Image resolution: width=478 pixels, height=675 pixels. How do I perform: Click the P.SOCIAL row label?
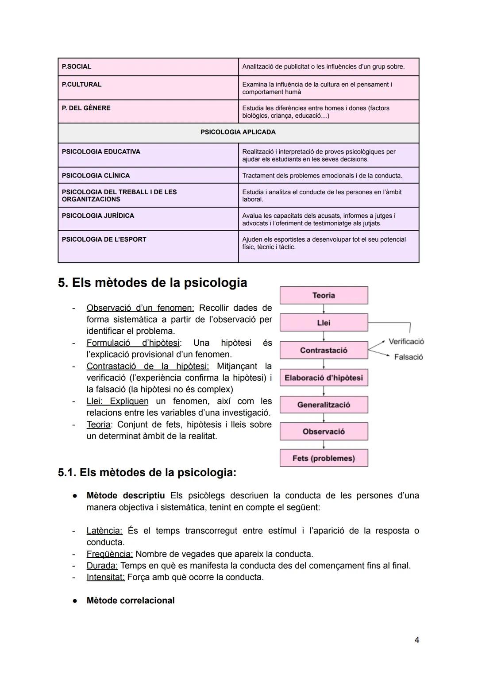coord(77,67)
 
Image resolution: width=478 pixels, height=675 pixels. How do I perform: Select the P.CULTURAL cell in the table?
coord(81,85)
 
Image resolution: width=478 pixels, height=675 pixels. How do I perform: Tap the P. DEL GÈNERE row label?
coord(86,108)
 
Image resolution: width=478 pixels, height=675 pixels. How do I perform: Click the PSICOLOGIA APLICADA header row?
coord(238,132)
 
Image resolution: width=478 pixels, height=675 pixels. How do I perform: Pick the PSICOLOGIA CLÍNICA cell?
coord(96,176)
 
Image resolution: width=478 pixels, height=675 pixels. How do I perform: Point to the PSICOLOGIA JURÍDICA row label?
coord(98,216)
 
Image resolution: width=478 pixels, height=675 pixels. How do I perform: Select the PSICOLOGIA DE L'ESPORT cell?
coord(104,239)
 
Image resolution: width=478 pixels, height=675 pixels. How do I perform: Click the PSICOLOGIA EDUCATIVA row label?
coord(101,152)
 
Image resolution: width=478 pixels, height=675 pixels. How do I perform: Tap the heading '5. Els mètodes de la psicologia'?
coord(153,282)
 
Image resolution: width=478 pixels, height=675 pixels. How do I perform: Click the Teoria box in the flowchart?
coord(324,295)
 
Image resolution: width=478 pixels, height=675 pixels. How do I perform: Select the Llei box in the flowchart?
coord(324,323)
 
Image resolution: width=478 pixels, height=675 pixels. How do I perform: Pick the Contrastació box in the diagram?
coord(324,350)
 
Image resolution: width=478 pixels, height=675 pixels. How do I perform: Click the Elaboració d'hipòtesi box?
coord(324,378)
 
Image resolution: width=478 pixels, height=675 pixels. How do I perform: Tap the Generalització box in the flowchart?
coord(324,405)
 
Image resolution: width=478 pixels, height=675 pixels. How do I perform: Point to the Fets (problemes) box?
coord(324,458)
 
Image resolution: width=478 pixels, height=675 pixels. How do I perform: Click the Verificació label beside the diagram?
coord(406,341)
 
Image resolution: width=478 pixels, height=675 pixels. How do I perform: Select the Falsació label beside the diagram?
coord(408,357)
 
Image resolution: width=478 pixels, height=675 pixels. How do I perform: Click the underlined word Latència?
coord(104,531)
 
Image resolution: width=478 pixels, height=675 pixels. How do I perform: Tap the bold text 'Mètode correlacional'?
coord(131,601)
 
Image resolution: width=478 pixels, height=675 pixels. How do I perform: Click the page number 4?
coord(416,640)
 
